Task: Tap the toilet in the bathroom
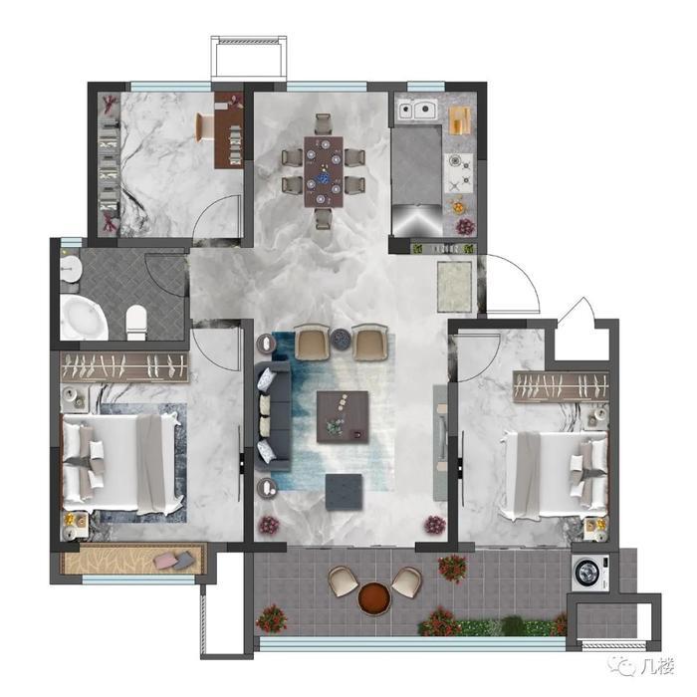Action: point(136,322)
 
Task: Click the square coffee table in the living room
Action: point(343,416)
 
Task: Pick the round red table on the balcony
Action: point(374,597)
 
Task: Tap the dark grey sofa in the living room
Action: point(272,416)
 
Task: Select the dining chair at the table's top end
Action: point(324,124)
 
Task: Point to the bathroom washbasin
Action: point(71,269)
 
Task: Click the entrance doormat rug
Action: point(454,287)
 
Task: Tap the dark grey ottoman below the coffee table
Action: point(344,491)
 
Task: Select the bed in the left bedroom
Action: point(122,462)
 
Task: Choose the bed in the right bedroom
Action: point(554,475)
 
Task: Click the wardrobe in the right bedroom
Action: point(561,385)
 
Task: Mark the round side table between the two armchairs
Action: point(341,340)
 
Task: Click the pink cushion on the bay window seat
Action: point(164,561)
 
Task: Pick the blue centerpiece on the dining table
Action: point(324,178)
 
